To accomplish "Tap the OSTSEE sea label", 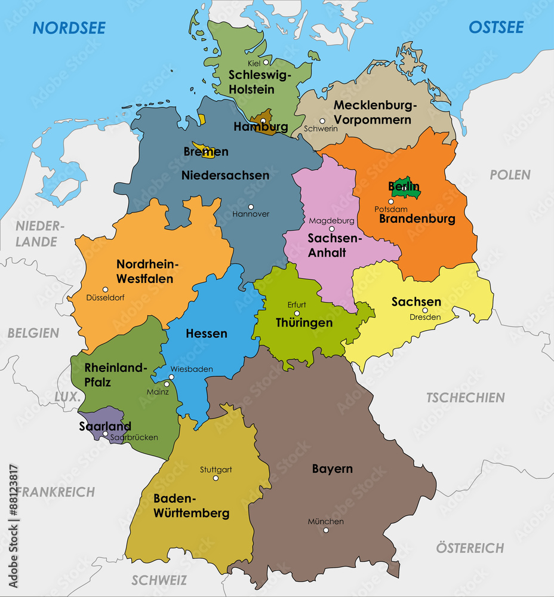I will tap(495, 27).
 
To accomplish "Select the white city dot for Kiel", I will tap(266, 61).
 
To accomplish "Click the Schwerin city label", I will tap(321, 128).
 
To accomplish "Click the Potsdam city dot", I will tap(391, 202).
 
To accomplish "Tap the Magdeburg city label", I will tap(331, 220).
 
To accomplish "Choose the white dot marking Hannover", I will tap(251, 207).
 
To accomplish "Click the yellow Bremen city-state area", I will tap(208, 156).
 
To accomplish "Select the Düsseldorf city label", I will tap(106, 297).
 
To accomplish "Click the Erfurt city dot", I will tap(297, 313).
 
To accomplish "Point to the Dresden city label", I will tap(425, 317).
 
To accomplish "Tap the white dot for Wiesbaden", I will tap(171, 377).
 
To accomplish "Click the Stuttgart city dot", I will tap(216, 478).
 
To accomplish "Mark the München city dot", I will tap(325, 530).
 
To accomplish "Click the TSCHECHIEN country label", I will tap(465, 397).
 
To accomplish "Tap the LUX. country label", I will tap(66, 397).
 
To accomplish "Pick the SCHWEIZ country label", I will tap(159, 580).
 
